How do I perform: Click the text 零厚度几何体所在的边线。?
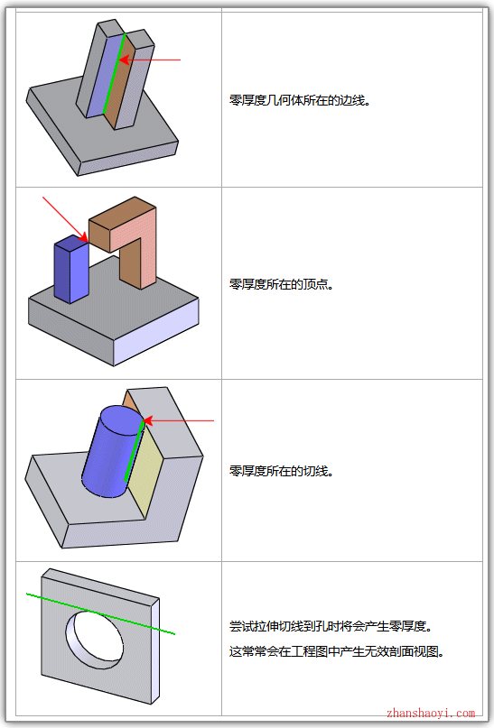click(299, 100)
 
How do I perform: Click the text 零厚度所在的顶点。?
click(281, 283)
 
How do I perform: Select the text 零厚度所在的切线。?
click(281, 471)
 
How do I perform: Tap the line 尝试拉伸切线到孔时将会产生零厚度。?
click(331, 626)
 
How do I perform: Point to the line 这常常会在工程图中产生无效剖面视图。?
click(337, 651)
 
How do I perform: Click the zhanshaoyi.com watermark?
click(431, 714)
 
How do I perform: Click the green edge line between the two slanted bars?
click(114, 74)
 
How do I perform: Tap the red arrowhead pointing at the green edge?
click(124, 60)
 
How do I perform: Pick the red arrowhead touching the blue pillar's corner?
click(83, 238)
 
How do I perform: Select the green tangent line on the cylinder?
click(135, 450)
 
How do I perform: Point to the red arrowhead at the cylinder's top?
click(148, 420)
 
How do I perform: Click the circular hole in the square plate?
click(95, 640)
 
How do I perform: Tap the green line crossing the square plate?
click(100, 613)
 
